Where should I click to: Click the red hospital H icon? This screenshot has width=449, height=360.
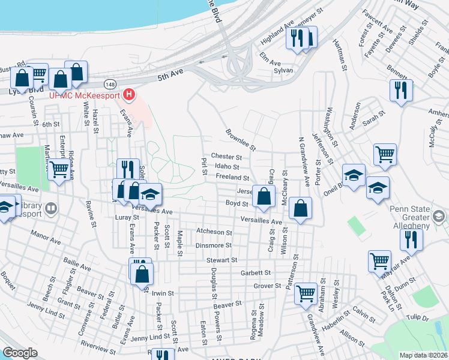(x=128, y=95)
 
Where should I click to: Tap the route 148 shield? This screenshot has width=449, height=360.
(x=110, y=83)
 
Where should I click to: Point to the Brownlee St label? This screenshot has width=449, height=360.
(x=241, y=139)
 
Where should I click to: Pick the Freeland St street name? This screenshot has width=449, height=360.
(x=233, y=178)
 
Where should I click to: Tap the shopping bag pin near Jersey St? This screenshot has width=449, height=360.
(x=264, y=196)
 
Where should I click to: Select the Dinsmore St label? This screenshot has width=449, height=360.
(x=213, y=245)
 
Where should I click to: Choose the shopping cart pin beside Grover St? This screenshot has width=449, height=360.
(x=306, y=293)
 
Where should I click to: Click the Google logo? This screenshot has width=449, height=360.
(x=20, y=353)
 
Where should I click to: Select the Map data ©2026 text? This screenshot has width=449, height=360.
(x=423, y=355)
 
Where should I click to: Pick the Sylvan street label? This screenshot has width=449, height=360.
(x=283, y=70)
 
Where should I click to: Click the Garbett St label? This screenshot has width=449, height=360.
(x=256, y=272)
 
